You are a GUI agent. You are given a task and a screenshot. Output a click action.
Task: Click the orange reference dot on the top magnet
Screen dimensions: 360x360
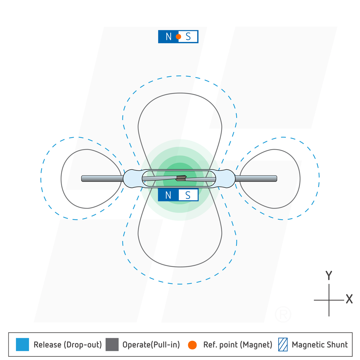pos(178,37)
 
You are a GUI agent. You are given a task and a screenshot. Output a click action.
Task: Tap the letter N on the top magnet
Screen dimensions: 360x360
pos(168,37)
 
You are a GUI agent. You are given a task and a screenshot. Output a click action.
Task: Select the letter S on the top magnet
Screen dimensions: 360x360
pos(188,37)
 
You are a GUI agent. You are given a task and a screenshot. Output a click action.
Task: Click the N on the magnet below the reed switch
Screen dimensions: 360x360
pos(168,195)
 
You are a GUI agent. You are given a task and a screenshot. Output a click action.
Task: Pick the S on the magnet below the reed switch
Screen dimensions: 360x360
pos(188,195)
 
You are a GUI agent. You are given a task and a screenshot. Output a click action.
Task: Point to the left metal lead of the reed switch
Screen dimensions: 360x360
pos(102,178)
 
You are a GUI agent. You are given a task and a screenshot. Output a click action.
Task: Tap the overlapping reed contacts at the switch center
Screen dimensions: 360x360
pos(181,178)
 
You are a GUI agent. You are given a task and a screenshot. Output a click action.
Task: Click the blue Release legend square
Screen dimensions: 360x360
pos(22,344)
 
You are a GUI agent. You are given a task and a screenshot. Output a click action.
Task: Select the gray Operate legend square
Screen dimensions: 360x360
pos(112,344)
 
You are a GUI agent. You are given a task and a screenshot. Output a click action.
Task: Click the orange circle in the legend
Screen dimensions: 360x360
pos(192,345)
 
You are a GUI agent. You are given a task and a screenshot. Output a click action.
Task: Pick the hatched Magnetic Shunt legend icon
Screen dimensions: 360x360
pos(283,344)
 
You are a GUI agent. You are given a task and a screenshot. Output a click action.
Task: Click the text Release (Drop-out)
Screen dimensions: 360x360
pos(68,345)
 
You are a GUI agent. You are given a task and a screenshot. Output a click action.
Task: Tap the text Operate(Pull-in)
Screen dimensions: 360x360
pos(151,345)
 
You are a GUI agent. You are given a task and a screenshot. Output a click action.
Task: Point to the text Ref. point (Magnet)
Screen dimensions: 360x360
pos(238,345)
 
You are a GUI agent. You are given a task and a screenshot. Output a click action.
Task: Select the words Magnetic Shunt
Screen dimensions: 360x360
pos(319,345)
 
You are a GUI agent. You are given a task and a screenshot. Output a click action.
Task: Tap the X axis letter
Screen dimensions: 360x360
pos(349,299)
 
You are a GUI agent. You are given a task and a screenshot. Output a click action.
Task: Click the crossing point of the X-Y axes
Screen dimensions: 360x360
pos(329,300)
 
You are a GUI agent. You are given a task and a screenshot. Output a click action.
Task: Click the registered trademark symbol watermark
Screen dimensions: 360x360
pos(283,314)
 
